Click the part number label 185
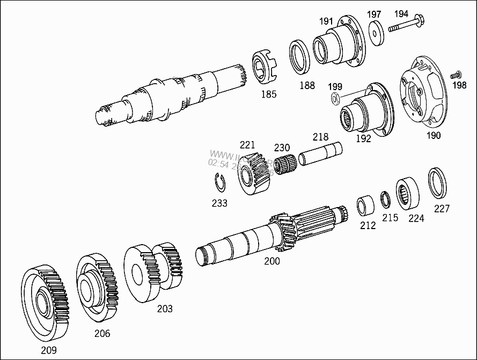268,94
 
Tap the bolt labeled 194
407,25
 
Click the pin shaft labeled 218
320,155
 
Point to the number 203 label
165,308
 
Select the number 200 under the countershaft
272,261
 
